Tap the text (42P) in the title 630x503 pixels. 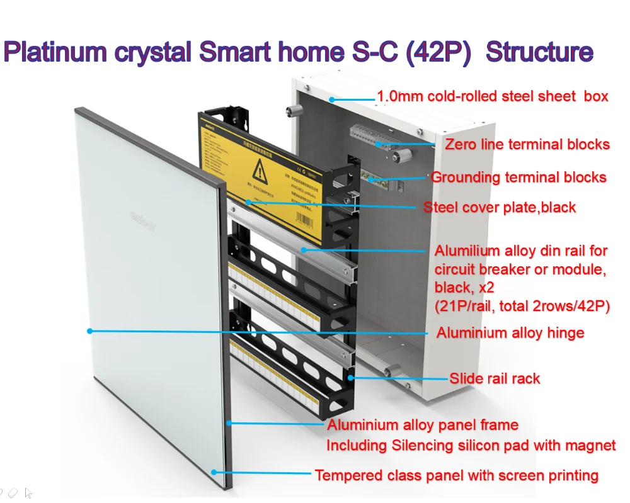click(435, 52)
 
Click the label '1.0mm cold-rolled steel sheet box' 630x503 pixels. click(492, 96)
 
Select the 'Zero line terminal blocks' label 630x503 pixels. click(527, 144)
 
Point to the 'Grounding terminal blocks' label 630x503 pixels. click(518, 177)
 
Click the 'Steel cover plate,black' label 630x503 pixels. click(500, 207)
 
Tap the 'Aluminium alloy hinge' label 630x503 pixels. click(510, 332)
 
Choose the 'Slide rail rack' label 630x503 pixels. click(495, 378)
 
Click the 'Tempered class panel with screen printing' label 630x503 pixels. click(456, 475)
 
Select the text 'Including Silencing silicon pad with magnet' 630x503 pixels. click(471, 446)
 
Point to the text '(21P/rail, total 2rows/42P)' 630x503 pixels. click(522, 307)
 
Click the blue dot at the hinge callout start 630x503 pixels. click(90, 331)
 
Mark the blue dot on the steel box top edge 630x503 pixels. click(331, 99)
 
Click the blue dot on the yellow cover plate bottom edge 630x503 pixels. click(249, 202)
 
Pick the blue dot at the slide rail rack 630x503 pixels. click(351, 378)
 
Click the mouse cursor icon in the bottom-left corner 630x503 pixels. click(28, 493)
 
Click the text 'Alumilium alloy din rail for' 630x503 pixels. click(521, 251)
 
